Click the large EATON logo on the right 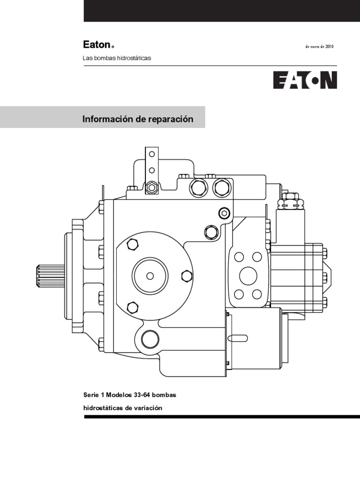(305, 80)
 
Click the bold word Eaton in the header (97, 45)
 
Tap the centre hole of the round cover (150, 275)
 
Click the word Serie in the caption (90, 396)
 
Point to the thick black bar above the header (222, 11)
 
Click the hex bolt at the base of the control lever (151, 187)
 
